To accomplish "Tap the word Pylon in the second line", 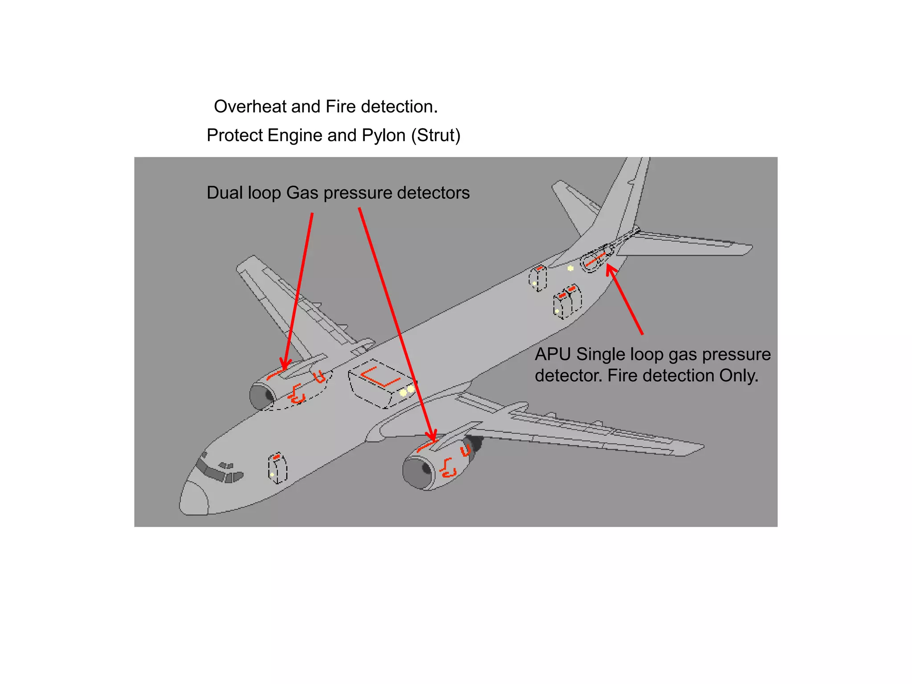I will [x=383, y=135].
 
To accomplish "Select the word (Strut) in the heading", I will [x=436, y=135].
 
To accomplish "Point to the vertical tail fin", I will [x=623, y=196].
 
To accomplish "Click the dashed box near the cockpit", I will [x=277, y=468].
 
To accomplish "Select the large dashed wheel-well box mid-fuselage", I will [x=381, y=383].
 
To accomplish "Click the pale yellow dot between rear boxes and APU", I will [x=570, y=268].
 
